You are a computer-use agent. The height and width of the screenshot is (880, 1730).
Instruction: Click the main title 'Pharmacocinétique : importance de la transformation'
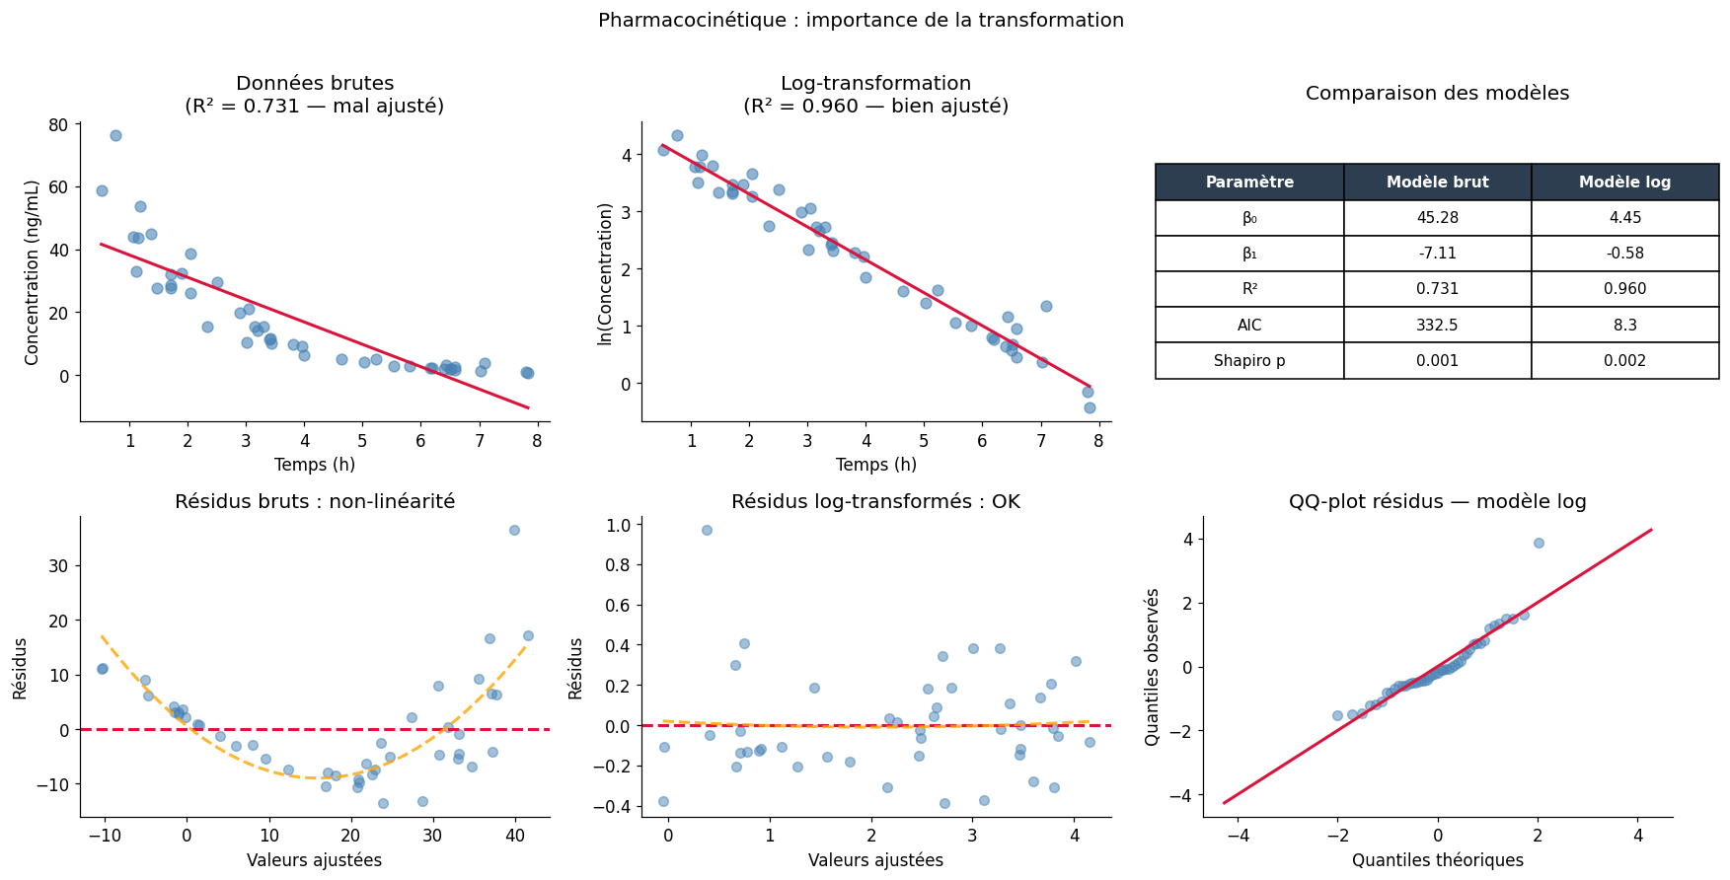[x=861, y=21]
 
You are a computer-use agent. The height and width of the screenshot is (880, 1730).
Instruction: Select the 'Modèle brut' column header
[x=1437, y=183]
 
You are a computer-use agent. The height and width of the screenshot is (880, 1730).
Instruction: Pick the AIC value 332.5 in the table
[x=1437, y=326]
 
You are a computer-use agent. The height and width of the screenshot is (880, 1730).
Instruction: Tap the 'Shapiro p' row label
[x=1249, y=361]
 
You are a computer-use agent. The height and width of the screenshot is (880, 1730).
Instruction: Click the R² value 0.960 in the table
[x=1624, y=289]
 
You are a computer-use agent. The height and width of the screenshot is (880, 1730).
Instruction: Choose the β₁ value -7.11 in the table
[x=1437, y=254]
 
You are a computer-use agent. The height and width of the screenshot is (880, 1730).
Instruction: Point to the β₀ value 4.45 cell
[x=1624, y=218]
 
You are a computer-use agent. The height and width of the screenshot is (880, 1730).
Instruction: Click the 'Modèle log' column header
[x=1624, y=183]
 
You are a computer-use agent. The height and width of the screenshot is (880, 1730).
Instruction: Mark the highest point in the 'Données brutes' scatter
[x=115, y=135]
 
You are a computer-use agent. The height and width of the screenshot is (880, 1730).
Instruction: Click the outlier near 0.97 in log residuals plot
[x=707, y=530]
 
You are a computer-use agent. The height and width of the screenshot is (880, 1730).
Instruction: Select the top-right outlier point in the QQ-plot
[x=1539, y=543]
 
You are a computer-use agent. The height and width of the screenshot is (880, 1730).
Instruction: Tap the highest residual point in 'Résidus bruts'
[x=514, y=530]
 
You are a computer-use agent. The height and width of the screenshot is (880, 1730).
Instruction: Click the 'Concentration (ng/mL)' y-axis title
[x=33, y=272]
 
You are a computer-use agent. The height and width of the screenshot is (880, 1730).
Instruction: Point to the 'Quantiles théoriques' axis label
[x=1437, y=860]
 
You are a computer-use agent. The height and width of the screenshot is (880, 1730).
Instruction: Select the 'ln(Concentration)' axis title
[x=605, y=273]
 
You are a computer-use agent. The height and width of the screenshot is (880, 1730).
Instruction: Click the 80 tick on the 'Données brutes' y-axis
[x=58, y=124]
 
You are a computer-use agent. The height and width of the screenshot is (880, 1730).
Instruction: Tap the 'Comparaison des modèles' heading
[x=1437, y=94]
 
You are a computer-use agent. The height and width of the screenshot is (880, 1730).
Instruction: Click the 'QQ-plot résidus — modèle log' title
[x=1437, y=501]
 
